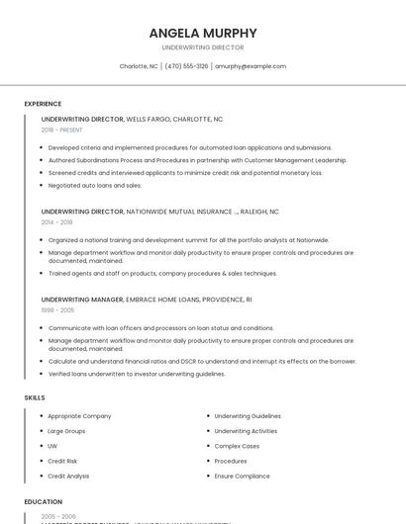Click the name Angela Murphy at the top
[203, 33]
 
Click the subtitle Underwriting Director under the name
[203, 47]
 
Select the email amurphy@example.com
[251, 66]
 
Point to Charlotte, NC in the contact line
[139, 66]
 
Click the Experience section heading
[43, 104]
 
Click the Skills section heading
[35, 397]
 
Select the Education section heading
[44, 502]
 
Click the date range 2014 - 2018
[57, 222]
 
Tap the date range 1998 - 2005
[57, 309]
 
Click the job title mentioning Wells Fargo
[132, 119]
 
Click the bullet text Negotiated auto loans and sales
[95, 185]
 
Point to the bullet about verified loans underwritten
[137, 374]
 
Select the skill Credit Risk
[62, 461]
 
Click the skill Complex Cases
[237, 446]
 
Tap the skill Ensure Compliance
[242, 476]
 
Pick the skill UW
[52, 446]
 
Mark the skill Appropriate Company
[79, 416]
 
